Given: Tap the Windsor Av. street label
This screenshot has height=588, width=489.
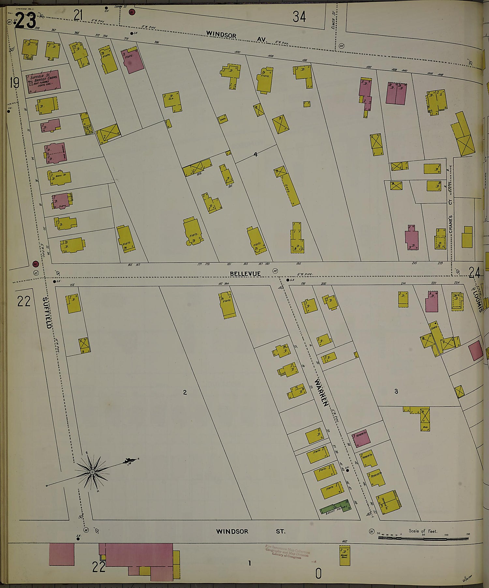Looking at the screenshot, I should click(236, 37).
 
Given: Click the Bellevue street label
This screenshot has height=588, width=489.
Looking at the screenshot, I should click(245, 273).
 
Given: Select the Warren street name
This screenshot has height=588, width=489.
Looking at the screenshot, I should click(321, 392).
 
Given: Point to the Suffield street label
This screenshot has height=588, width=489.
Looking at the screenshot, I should click(47, 313).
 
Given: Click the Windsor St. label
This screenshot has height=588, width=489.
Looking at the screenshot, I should click(250, 531).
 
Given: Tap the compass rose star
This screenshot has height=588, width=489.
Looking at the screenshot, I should click(92, 472).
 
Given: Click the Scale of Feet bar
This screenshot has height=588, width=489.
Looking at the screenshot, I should click(423, 538).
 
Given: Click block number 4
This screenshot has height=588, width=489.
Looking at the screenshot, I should click(256, 154).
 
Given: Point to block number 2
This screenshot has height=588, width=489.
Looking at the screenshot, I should click(185, 392).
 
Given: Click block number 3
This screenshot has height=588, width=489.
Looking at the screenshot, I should click(396, 391).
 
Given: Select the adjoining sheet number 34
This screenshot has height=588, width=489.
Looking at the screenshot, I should click(299, 17).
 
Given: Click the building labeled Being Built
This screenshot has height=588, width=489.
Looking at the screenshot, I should click(345, 556).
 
